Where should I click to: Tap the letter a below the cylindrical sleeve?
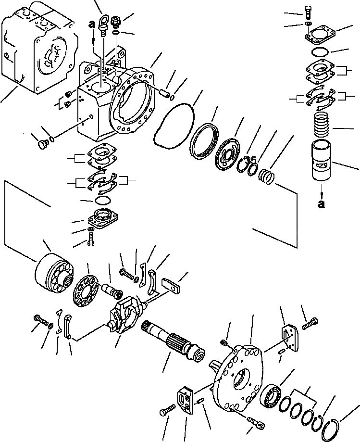click(321, 204)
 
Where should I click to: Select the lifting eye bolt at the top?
click(103, 25)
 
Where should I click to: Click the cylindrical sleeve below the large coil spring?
click(321, 160)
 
